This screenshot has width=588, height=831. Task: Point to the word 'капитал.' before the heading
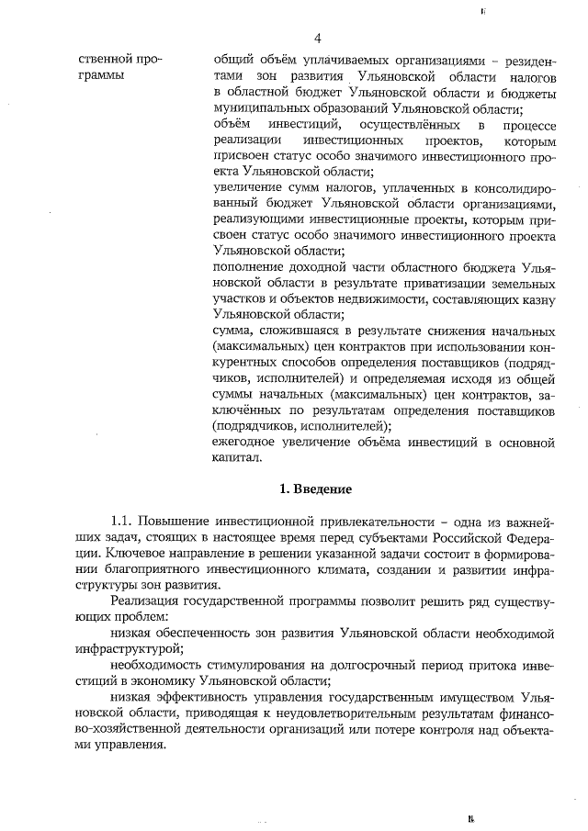pyautogui.click(x=238, y=457)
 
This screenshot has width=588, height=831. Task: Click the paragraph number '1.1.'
pyautogui.click(x=124, y=522)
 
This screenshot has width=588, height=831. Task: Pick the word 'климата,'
pyautogui.click(x=387, y=570)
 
